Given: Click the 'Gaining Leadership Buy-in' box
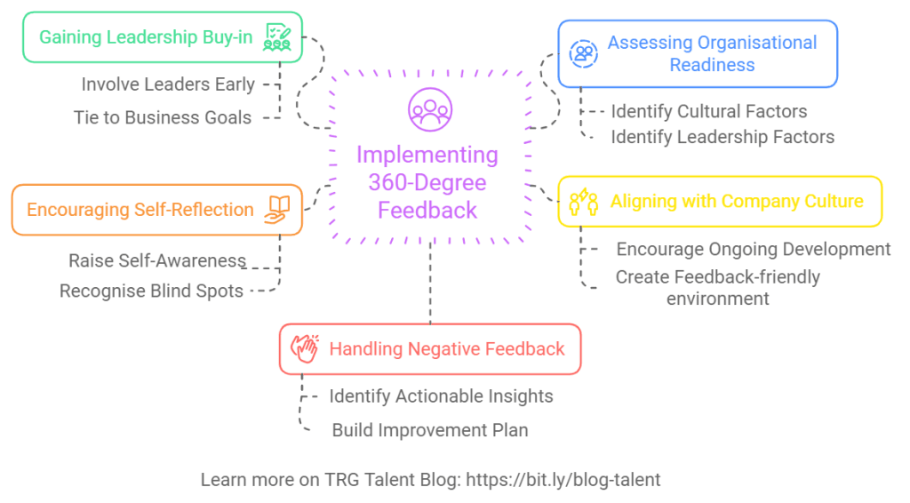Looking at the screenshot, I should (x=160, y=38).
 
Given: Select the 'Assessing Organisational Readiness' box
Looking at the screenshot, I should (x=698, y=54).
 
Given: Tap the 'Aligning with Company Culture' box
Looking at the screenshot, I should (x=720, y=201).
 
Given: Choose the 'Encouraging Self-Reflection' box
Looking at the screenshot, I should (x=156, y=210).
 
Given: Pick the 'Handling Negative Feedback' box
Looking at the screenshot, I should (x=430, y=348).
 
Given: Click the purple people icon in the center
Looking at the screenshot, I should (x=429, y=109).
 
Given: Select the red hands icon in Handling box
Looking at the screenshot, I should (x=305, y=348).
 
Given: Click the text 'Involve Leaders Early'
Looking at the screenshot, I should (x=168, y=85).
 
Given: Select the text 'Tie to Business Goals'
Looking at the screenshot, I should (x=163, y=117).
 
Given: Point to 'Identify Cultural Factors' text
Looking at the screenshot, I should (x=709, y=112).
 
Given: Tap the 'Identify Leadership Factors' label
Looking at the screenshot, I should (x=722, y=137).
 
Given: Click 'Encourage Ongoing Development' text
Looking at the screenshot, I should (x=754, y=250).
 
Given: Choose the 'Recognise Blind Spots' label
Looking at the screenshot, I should (x=151, y=291).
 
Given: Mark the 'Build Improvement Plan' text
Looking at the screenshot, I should (x=430, y=430).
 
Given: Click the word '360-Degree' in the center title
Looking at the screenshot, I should (x=428, y=183).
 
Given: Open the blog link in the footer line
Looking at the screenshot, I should (x=560, y=480).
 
